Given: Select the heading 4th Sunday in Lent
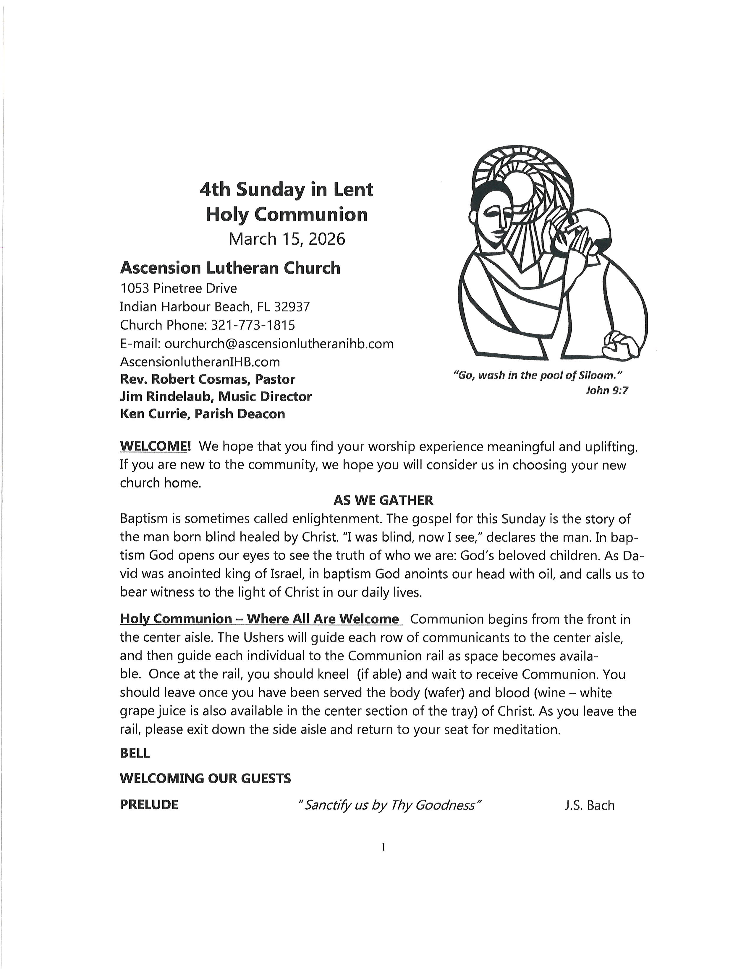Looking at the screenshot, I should click(286, 189).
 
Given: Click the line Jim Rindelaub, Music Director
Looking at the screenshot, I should click(216, 396).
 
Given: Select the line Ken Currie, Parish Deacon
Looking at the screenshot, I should click(202, 414).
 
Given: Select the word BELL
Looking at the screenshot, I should click(135, 753).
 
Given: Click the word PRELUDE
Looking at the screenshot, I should click(149, 805).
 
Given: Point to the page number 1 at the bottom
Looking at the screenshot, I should click(383, 847).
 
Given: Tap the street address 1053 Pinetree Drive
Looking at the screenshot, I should click(178, 288).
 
